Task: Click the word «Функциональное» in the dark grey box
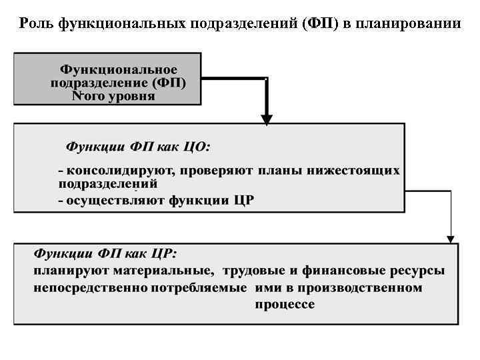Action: [x=119, y=70]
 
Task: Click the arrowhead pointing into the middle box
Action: [x=267, y=120]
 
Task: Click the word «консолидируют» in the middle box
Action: [x=119, y=171]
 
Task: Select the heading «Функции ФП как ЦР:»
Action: [x=105, y=254]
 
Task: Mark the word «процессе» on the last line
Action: [x=285, y=305]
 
